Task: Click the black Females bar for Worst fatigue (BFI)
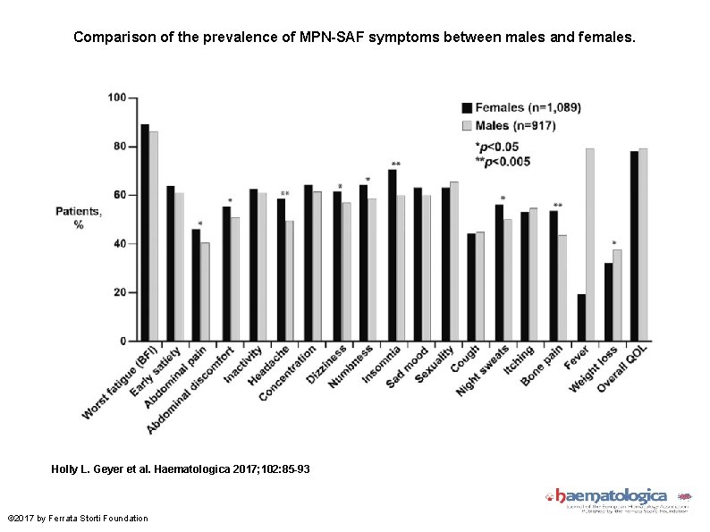coord(145,232)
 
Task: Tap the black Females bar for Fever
coord(581,317)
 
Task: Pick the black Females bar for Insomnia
coord(393,255)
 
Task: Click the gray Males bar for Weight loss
coord(617,295)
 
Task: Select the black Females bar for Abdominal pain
coord(196,285)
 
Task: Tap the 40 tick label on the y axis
coord(117,244)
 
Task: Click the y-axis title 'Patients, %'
coord(79,218)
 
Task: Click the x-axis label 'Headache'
coord(269,367)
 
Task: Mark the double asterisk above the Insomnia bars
coord(396,164)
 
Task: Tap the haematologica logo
coord(617,497)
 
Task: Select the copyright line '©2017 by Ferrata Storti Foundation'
coord(78,519)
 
